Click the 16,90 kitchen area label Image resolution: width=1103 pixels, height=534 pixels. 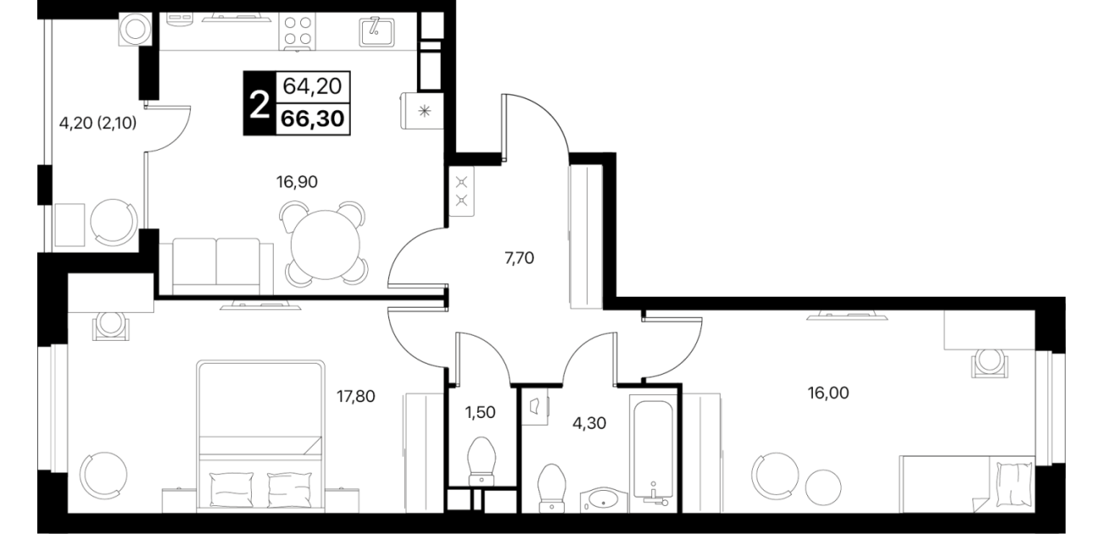click(x=297, y=182)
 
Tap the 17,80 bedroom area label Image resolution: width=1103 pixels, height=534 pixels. click(x=355, y=396)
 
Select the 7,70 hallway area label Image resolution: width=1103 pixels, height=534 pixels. click(x=519, y=258)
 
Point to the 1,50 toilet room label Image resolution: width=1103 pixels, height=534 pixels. click(x=480, y=413)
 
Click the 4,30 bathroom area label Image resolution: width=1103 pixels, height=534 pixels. click(x=589, y=423)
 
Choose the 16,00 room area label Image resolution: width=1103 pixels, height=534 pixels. click(x=828, y=392)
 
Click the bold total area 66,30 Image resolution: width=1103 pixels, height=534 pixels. click(x=313, y=119)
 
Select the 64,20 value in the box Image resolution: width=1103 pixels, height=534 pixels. click(x=312, y=86)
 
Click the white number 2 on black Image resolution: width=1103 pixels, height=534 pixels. click(x=259, y=106)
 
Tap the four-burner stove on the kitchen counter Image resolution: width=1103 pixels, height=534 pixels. click(x=298, y=31)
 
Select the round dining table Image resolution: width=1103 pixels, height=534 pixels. click(x=325, y=245)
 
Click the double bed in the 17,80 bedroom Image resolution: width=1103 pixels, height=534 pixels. click(x=261, y=436)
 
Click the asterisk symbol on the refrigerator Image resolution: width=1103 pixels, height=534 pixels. click(x=423, y=111)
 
